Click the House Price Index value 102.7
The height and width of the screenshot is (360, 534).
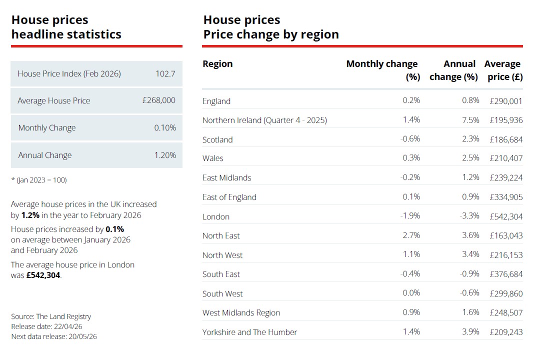click(165, 73)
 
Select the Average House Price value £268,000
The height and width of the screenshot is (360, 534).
click(158, 100)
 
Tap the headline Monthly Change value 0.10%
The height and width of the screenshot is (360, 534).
click(165, 127)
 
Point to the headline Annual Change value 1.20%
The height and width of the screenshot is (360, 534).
click(165, 155)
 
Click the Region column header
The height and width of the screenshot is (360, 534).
click(217, 64)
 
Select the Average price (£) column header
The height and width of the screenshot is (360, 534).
click(503, 70)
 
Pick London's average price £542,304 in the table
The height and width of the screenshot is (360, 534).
click(506, 216)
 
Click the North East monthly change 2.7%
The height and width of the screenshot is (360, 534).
click(411, 235)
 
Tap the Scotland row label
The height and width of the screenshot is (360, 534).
click(217, 139)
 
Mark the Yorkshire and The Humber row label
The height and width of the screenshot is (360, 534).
click(249, 332)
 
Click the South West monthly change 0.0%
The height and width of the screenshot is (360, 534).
click(411, 293)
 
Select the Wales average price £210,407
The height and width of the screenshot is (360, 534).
click(506, 158)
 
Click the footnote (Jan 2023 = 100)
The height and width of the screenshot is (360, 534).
click(39, 179)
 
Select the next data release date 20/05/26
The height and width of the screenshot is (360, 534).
click(82, 336)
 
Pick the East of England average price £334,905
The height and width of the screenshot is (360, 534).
click(506, 197)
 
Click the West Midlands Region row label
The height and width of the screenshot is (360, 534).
click(241, 313)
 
